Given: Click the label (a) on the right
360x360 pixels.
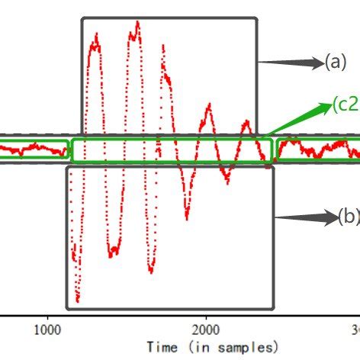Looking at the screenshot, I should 336,63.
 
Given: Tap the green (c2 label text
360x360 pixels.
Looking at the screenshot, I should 345,105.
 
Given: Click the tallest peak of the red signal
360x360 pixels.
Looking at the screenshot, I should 137,23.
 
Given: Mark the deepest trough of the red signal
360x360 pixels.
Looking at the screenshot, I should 78,301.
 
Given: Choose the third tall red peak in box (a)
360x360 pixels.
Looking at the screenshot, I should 162,47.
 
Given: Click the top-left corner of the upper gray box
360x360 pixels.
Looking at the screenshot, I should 82,18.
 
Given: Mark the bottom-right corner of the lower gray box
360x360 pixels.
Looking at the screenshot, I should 272,308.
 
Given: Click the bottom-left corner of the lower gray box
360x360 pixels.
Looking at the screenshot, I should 67,308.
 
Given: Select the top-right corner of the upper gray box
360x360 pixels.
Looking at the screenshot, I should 257,18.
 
